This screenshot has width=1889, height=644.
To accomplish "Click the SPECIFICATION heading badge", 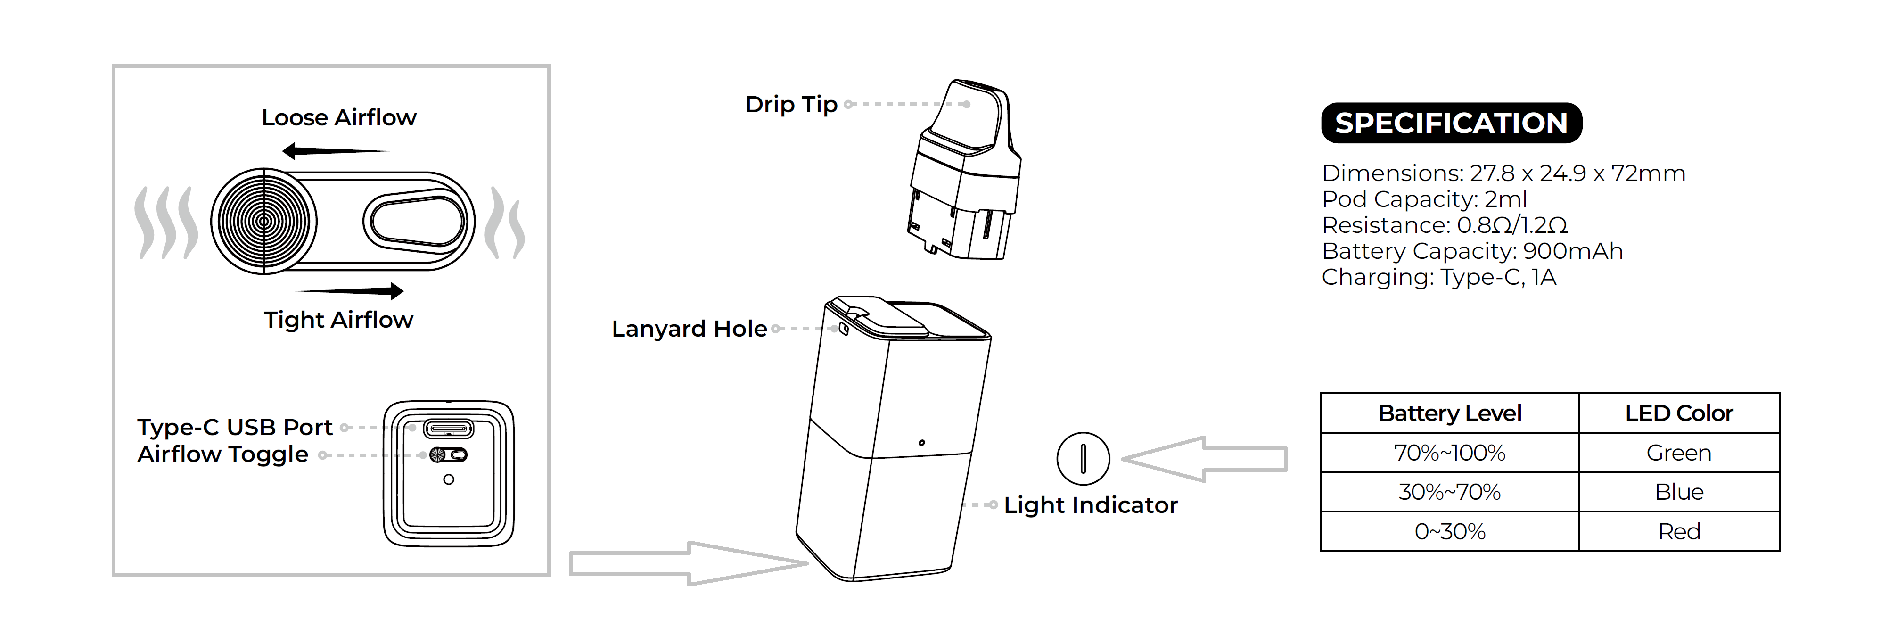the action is point(1451,123).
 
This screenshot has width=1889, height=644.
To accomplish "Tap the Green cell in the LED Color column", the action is point(1678,453).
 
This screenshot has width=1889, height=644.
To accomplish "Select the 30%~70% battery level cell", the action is point(1450,491).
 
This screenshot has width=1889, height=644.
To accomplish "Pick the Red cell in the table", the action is point(1678,531).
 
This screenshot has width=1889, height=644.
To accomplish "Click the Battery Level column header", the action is point(1450,413).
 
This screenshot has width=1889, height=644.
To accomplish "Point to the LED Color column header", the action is point(1678,413).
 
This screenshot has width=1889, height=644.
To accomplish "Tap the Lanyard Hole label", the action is point(690,329).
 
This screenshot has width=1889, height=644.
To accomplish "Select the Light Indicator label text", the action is point(1091,504).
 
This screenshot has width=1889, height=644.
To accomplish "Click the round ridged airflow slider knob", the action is point(264,222).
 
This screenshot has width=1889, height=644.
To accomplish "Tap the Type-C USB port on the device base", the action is point(449,429).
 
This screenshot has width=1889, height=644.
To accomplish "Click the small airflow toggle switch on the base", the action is point(449,455).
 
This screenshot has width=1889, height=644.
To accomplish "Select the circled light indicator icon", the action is point(1083,458).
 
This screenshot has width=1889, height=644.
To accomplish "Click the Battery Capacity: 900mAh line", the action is point(1472,251).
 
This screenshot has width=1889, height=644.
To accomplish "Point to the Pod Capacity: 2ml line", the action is point(1424,199).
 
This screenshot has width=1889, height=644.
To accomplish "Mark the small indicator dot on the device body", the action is point(922,443).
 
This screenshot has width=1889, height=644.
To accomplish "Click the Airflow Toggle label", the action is point(223,455).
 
